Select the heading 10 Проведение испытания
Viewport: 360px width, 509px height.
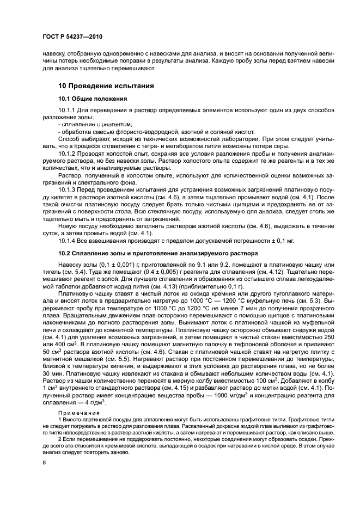106,85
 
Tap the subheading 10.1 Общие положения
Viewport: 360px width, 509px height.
93,99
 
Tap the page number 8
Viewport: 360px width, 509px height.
44,462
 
